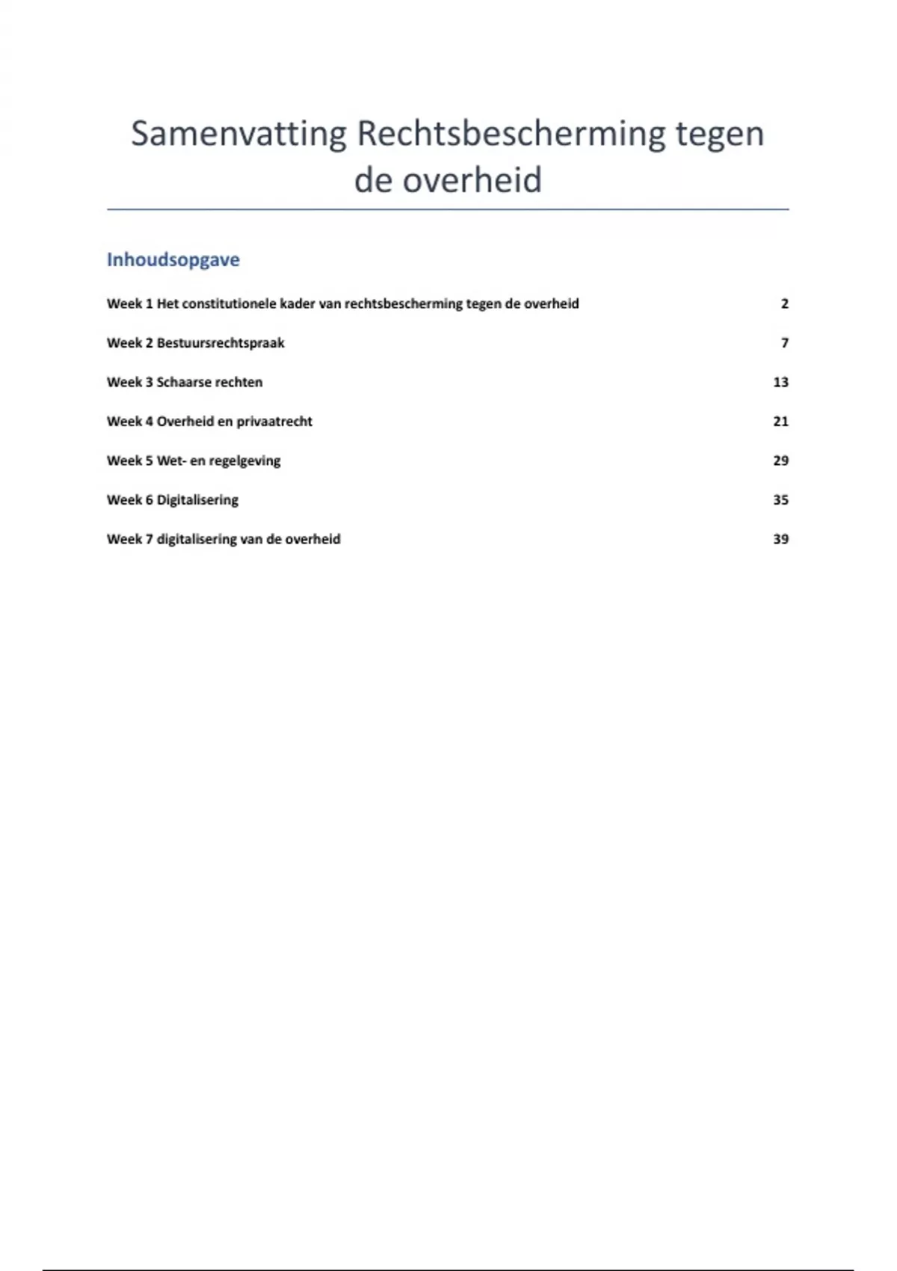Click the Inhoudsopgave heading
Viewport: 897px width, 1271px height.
point(173,259)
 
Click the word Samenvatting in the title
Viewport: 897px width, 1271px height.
point(238,135)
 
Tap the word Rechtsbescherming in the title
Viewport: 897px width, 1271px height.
point(511,135)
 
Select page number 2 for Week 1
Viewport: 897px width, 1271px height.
point(784,304)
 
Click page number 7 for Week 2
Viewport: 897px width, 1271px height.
point(784,343)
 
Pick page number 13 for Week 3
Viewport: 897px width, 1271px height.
point(780,382)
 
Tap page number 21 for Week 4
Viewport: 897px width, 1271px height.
point(780,422)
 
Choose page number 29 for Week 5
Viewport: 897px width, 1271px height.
point(780,461)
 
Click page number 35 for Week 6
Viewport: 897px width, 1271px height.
point(780,500)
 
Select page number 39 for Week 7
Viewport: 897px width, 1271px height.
point(780,539)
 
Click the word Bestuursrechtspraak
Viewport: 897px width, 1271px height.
point(221,343)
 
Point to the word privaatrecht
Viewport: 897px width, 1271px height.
point(274,422)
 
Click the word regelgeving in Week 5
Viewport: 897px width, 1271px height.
point(244,461)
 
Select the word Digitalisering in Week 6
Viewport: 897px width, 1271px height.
point(197,500)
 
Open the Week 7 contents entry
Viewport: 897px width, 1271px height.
point(224,539)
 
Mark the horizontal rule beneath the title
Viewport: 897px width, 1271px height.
point(448,209)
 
